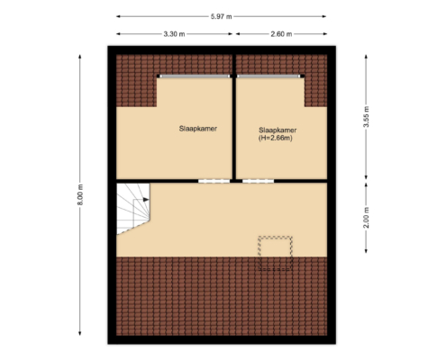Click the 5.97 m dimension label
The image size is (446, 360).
(221, 17)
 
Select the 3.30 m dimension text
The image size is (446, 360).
(174, 34)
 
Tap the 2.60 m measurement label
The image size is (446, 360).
(281, 34)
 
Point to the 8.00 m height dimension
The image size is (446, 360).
(80, 194)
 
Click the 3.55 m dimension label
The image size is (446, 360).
(366, 117)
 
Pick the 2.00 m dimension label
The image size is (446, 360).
(366, 218)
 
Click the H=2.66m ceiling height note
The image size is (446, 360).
(276, 139)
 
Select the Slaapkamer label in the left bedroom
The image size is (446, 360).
(198, 129)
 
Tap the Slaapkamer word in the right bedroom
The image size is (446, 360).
(278, 130)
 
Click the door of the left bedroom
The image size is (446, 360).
(214, 181)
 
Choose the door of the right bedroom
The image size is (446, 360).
(258, 181)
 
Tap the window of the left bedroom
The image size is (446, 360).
(195, 76)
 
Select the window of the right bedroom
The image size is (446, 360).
(270, 76)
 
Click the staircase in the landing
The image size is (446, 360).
(132, 207)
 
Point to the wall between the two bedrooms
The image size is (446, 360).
(234, 117)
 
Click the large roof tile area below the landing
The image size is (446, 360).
(222, 296)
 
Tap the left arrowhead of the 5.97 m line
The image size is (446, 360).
(118, 16)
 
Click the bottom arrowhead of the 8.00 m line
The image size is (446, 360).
(80, 333)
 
